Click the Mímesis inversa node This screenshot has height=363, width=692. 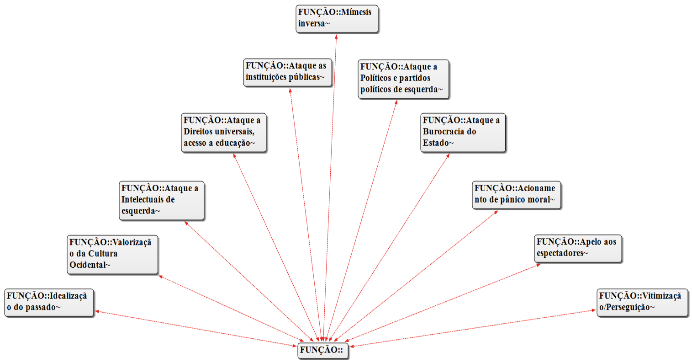[337, 19]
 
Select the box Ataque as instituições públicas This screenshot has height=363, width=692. [287, 72]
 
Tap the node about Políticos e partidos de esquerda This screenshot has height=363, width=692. [403, 79]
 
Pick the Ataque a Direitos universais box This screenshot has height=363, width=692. [223, 133]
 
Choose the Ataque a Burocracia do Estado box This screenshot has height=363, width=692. [463, 133]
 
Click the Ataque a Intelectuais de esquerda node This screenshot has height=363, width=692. [161, 200]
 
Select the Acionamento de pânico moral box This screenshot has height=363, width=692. [516, 195]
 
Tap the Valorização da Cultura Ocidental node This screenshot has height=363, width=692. [112, 254]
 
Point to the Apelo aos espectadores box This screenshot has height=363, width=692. [578, 248]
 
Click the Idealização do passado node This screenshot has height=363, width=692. [49, 302]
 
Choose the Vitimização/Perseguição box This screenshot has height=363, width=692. [642, 302]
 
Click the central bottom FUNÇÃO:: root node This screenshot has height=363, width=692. [322, 351]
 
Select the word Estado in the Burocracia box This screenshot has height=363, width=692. [437, 143]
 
